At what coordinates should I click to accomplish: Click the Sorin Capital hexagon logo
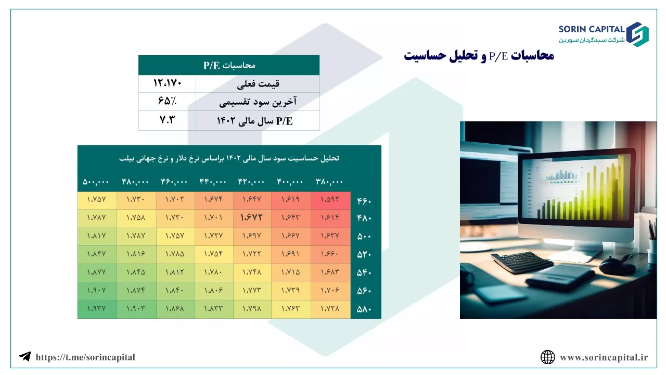(x=637, y=34)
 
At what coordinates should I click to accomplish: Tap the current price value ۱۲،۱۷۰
(x=167, y=83)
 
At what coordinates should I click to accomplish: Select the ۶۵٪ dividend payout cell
(x=167, y=101)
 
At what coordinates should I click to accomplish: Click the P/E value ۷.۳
(x=167, y=120)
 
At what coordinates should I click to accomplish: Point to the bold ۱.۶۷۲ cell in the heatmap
(x=251, y=217)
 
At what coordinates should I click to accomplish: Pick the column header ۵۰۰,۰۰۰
(x=96, y=182)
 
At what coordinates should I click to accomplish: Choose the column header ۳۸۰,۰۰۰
(x=329, y=182)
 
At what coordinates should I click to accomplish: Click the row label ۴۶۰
(x=364, y=201)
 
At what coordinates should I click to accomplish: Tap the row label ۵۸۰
(x=364, y=309)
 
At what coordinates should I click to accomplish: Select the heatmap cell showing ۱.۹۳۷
(x=96, y=308)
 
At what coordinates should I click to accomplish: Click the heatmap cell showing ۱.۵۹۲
(x=330, y=199)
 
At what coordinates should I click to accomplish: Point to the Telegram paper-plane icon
(x=24, y=356)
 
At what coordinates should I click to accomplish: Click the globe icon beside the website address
(x=547, y=357)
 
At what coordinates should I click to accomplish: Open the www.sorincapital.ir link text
(x=604, y=357)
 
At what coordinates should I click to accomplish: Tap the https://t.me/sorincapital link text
(x=85, y=357)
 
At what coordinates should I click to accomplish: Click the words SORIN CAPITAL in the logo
(x=592, y=29)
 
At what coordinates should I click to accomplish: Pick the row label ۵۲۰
(x=364, y=255)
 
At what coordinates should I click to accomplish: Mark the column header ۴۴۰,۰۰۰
(x=213, y=182)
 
